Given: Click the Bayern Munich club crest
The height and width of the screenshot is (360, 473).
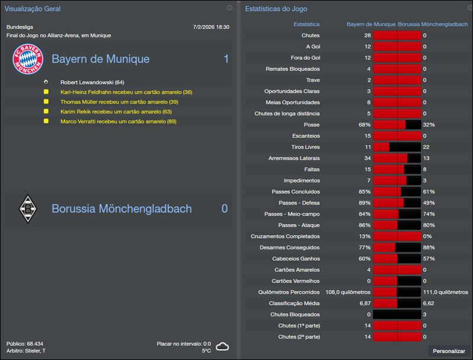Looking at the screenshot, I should pos(28,60).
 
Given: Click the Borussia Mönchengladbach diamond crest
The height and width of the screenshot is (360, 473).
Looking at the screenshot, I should pos(27,209).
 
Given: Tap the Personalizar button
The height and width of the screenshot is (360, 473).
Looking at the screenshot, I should pos(449,351).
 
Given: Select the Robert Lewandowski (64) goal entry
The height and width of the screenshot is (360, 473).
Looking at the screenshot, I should pos(92,82).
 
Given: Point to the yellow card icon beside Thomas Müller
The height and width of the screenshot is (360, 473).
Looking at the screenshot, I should pos(46,102).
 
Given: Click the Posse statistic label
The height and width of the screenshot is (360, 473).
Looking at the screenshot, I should pos(311,125).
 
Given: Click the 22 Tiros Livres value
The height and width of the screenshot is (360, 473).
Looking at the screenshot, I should pos(426,147).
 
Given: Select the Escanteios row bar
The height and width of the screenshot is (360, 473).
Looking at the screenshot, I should pos(397,136).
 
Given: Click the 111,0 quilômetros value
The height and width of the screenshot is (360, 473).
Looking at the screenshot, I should pos(444,292).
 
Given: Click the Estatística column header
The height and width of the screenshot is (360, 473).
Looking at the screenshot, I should pos(306,24).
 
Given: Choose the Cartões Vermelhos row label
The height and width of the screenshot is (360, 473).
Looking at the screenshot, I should pos(296,281).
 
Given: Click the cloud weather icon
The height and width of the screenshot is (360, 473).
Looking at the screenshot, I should pos(222,346).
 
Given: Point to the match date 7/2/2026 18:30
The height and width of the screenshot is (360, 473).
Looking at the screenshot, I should pos(211,27).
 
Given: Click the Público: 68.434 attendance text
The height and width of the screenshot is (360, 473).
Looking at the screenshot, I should pos(25,343).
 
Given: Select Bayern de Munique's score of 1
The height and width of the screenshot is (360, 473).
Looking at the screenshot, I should pos(226,59).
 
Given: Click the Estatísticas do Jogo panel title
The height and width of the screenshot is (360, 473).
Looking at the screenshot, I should pos(276,9).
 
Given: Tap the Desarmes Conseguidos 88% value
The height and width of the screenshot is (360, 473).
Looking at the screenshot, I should pos(429,248).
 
